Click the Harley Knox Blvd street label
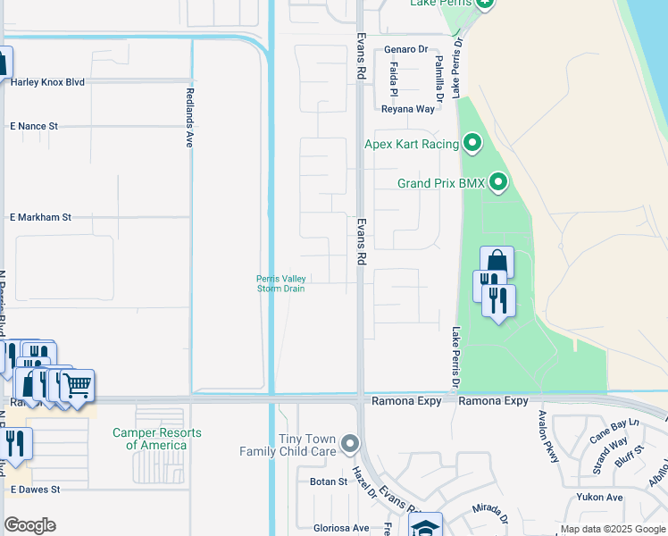click(47, 82)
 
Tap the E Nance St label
click(34, 127)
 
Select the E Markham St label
click(40, 217)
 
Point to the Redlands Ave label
click(189, 117)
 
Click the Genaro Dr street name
click(406, 49)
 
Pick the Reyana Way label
click(408, 109)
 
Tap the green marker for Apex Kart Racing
click(472, 143)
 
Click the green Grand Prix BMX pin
click(497, 183)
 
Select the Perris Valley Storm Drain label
click(281, 284)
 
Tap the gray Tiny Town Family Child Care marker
click(350, 443)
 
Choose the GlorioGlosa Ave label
click(341, 528)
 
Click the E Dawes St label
click(35, 490)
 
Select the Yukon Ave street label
click(599, 497)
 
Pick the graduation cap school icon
click(426, 525)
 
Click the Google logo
click(29, 525)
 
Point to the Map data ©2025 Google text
click(614, 530)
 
